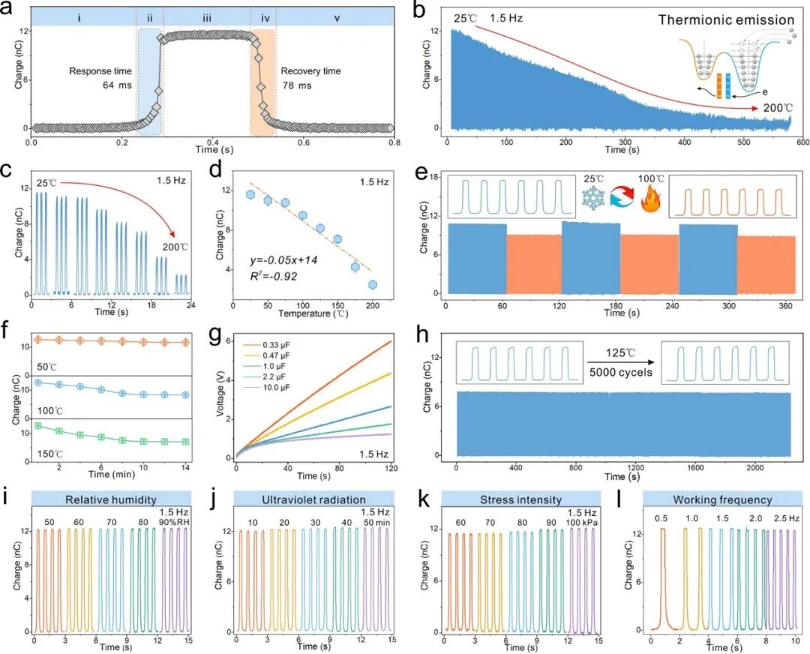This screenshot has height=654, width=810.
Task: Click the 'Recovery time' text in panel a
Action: click(310, 71)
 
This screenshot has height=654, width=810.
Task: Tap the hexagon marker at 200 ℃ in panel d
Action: click(372, 284)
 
